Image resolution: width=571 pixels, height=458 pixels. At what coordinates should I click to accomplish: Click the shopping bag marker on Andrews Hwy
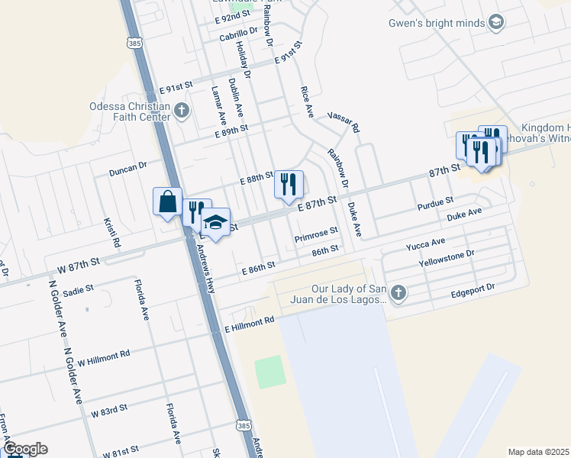(x=167, y=202)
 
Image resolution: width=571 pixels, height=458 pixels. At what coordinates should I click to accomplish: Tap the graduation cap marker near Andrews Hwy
(x=216, y=223)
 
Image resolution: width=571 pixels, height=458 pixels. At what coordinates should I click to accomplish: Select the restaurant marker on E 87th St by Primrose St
(x=289, y=184)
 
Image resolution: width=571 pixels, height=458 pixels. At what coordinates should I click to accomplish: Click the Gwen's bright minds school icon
(x=496, y=23)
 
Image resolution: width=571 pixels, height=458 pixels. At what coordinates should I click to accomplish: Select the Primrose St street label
(x=316, y=239)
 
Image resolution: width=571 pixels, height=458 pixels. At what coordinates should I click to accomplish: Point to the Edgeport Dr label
(x=473, y=289)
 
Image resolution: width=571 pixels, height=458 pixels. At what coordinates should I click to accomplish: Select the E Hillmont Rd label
(x=249, y=327)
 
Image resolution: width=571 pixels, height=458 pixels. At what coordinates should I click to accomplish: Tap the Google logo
(x=24, y=449)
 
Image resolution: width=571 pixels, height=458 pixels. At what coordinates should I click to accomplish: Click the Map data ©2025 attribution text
(x=538, y=452)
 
